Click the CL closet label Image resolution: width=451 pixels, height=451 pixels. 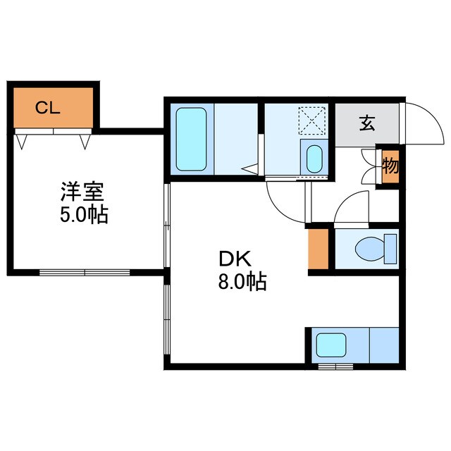(x=47, y=108)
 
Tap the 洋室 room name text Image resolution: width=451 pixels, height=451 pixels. (x=82, y=192)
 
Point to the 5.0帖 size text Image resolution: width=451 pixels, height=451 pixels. (x=83, y=215)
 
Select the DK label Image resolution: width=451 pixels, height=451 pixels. (x=232, y=258)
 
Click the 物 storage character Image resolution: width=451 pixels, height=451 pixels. (x=390, y=166)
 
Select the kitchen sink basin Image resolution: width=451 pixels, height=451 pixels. (x=329, y=345)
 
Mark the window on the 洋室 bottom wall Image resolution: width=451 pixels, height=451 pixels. (x=85, y=271)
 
